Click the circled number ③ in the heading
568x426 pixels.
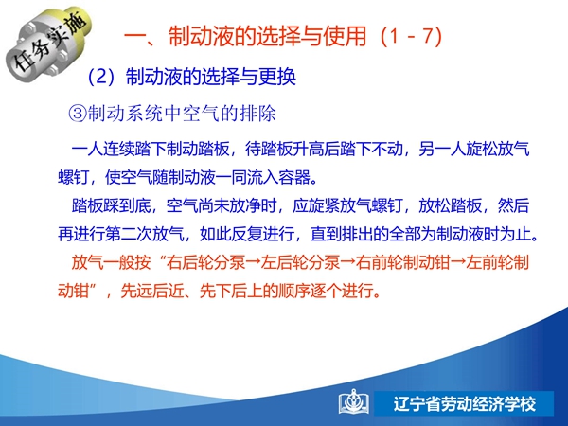pos(78,114)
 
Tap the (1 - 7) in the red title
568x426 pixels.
pos(412,36)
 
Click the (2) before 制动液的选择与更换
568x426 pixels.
pos(101,77)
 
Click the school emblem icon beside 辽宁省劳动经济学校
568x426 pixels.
pos(354,403)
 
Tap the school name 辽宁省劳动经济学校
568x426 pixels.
pos(465,404)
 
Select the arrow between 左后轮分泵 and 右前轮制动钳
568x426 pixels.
pos(347,262)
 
